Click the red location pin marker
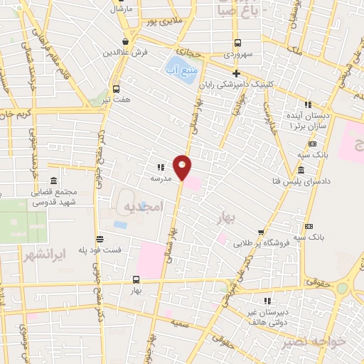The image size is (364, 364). [183, 166]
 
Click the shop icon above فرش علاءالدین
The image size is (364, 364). [125, 41]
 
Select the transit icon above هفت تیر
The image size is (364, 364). [116, 89]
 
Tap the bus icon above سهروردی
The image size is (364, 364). [238, 42]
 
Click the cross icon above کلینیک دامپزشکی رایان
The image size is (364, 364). [237, 73]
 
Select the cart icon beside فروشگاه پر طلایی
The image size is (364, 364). [262, 232]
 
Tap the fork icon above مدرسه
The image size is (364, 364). [160, 168]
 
